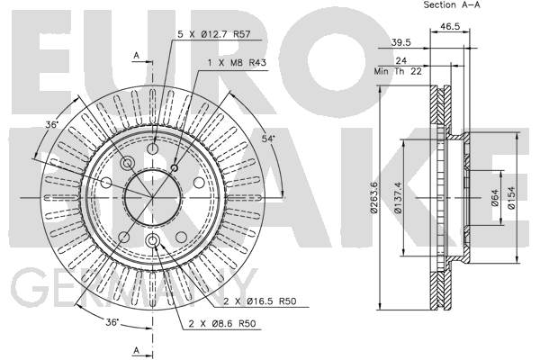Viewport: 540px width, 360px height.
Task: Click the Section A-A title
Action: click(x=452, y=4)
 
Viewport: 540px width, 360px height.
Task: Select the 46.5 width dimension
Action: click(x=450, y=26)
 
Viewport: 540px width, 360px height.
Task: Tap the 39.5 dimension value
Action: click(x=400, y=42)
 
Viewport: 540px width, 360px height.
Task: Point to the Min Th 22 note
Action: click(x=398, y=71)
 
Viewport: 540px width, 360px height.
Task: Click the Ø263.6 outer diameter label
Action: click(x=374, y=197)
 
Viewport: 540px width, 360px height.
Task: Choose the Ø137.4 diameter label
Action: click(x=398, y=197)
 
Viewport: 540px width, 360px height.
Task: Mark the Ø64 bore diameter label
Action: click(x=495, y=197)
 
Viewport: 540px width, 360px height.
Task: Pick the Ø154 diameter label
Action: click(x=511, y=197)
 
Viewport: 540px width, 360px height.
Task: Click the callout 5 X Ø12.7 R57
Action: click(x=214, y=34)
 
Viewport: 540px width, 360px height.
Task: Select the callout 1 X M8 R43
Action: click(x=237, y=63)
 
